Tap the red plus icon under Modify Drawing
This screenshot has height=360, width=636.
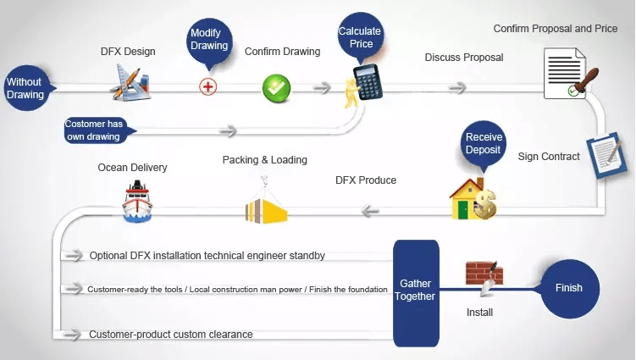tap(208, 87)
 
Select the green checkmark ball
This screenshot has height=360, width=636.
tap(276, 87)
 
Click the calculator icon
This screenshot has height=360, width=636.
tap(368, 83)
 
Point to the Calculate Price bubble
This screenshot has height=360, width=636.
tap(360, 36)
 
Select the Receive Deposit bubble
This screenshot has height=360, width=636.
tap(483, 145)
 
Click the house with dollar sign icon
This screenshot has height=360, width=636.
tap(473, 199)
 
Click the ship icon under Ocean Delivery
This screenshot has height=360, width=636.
tap(137, 202)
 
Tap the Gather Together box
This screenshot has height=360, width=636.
tap(416, 293)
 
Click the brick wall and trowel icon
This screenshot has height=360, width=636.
tap(484, 276)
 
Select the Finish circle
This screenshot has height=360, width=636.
tap(569, 289)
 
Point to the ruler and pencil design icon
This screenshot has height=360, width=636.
tap(130, 82)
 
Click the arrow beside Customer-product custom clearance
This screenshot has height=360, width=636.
tap(73, 335)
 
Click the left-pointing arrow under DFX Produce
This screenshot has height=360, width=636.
tap(370, 211)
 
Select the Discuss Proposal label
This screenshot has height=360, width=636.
tap(464, 58)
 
